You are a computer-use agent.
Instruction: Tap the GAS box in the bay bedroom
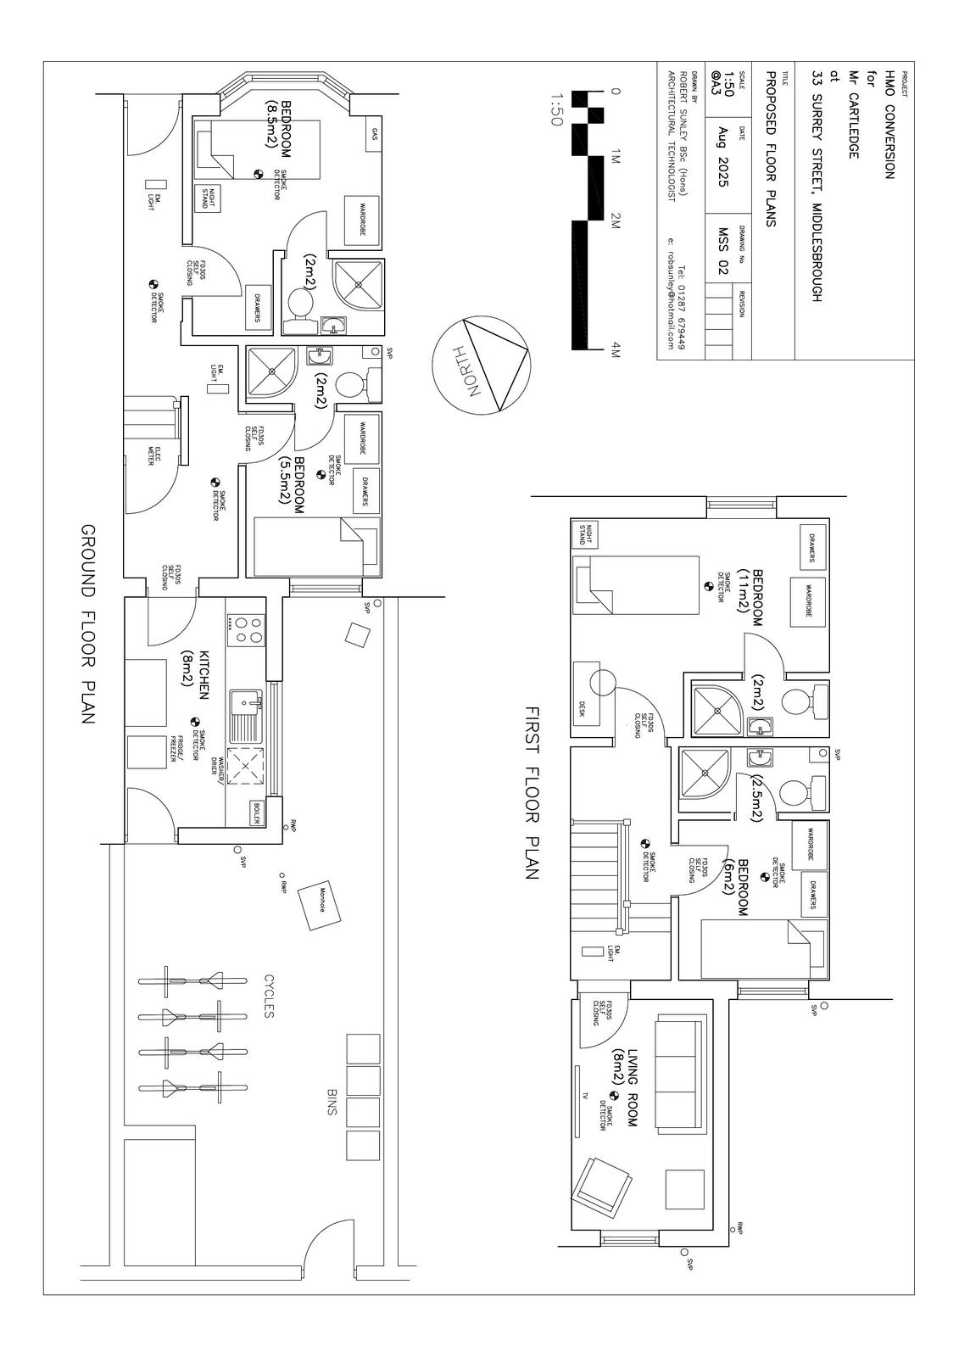(x=374, y=136)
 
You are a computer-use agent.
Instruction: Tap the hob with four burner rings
(x=247, y=629)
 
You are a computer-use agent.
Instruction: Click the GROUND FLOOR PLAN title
(x=87, y=623)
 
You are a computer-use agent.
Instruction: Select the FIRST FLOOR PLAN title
(x=532, y=792)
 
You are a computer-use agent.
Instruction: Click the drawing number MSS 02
(x=723, y=251)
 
